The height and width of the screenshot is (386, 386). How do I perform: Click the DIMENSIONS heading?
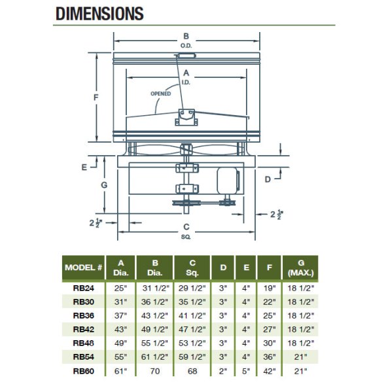click(99, 14)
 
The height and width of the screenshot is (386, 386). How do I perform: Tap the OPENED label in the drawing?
click(160, 94)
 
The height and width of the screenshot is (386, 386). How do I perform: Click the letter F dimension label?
click(96, 97)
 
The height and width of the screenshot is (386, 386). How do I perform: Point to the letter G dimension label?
click(104, 185)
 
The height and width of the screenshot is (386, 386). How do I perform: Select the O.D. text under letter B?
click(186, 46)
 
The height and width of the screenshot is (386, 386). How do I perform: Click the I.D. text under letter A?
click(186, 82)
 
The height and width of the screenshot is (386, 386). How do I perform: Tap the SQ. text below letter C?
click(186, 237)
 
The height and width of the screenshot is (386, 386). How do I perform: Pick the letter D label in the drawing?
click(268, 179)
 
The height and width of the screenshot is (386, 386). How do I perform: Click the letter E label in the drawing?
click(84, 167)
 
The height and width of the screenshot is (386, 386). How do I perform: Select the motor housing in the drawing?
click(228, 181)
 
